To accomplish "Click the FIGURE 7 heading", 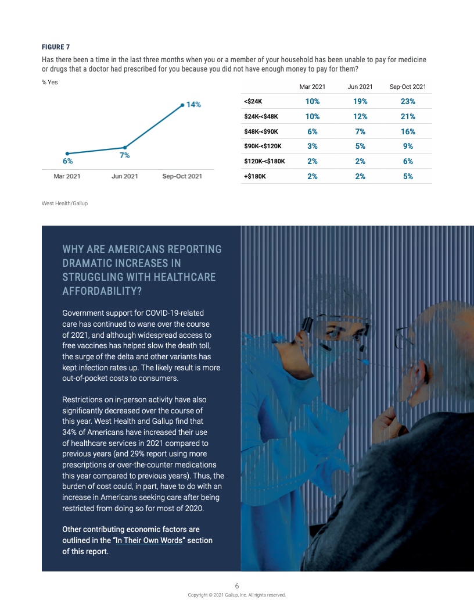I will [56, 47].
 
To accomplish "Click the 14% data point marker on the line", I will [182, 105].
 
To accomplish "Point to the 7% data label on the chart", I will [124, 156].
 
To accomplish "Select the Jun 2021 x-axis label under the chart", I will [124, 176].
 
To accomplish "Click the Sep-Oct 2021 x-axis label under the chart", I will [182, 176].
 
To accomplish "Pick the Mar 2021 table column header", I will [312, 87].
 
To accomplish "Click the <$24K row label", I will [253, 101].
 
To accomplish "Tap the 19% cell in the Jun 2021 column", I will [360, 101].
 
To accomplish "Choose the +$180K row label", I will [255, 176].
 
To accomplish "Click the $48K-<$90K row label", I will [261, 131].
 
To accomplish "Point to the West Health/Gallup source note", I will [64, 204].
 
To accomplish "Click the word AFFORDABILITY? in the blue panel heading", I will [101, 291].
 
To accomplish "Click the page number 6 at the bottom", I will [236, 586].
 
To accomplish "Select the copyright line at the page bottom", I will [236, 595].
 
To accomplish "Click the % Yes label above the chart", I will [49, 82].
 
